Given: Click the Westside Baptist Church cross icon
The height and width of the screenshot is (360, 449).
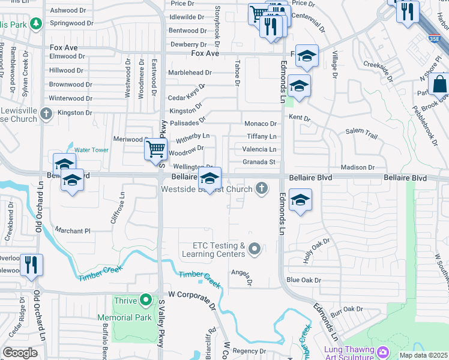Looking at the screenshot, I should [261, 188].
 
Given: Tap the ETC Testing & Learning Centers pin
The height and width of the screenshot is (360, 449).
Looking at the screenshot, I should [255, 248].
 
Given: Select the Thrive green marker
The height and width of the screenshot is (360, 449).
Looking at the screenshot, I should [145, 299].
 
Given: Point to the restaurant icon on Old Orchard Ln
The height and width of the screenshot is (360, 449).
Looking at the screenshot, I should [31, 265].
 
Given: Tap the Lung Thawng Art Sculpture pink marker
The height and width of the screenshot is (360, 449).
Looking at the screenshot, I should [382, 351].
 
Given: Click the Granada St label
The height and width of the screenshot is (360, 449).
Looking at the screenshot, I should [259, 162].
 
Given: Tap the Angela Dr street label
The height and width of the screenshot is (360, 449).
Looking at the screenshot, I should [241, 275].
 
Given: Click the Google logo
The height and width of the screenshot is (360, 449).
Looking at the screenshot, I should [20, 353].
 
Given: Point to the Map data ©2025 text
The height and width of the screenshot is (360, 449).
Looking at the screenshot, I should [423, 355].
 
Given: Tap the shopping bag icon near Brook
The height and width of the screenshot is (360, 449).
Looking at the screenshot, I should [439, 84].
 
